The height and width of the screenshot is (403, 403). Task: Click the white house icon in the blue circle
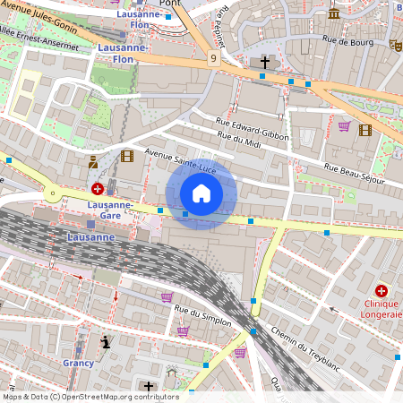click(x=201, y=193)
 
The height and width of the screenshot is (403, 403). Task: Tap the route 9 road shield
click(x=213, y=58)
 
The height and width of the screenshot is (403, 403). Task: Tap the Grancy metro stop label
click(x=79, y=364)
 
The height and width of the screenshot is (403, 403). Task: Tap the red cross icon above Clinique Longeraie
click(x=382, y=291)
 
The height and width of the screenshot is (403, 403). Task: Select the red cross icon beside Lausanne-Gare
click(x=97, y=190)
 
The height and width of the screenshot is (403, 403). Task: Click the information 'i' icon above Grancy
click(x=107, y=341)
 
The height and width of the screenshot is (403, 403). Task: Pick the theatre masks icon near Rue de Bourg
click(x=395, y=44)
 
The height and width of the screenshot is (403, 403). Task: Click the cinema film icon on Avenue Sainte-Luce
click(x=126, y=156)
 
